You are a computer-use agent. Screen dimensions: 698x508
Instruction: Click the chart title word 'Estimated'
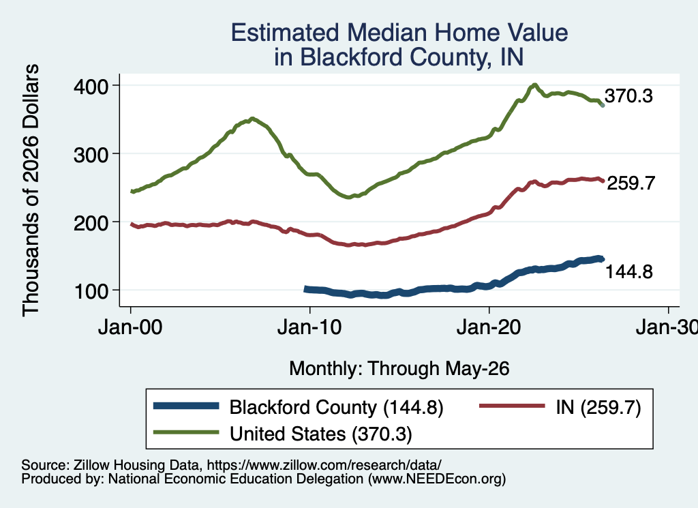click(286, 33)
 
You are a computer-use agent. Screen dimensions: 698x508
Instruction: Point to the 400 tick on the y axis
click(91, 87)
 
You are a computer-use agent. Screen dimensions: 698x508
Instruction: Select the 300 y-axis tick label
click(91, 155)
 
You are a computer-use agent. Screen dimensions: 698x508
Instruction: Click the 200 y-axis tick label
click(91, 222)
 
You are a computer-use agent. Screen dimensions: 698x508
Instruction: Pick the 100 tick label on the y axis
click(91, 291)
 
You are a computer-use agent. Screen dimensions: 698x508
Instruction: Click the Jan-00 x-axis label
click(130, 327)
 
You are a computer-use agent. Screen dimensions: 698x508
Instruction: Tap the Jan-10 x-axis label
click(310, 327)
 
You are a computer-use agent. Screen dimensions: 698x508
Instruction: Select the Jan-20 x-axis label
click(489, 327)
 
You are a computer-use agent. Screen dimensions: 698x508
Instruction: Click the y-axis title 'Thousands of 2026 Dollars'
click(31, 190)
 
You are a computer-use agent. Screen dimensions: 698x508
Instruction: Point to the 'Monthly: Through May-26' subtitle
click(399, 369)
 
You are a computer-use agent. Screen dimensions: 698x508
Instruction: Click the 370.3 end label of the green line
click(628, 95)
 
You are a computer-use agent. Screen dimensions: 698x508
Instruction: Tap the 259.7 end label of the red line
click(631, 183)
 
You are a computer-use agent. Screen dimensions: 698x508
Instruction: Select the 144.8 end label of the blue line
click(629, 271)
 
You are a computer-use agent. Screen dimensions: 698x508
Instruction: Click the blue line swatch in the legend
click(186, 406)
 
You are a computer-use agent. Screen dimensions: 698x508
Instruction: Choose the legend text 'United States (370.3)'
click(321, 434)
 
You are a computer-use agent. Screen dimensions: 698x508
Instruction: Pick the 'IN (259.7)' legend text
click(598, 407)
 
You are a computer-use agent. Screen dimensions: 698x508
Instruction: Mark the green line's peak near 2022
click(534, 85)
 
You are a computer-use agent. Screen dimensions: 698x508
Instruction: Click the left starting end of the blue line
click(305, 289)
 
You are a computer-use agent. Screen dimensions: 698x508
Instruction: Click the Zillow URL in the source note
click(324, 465)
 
